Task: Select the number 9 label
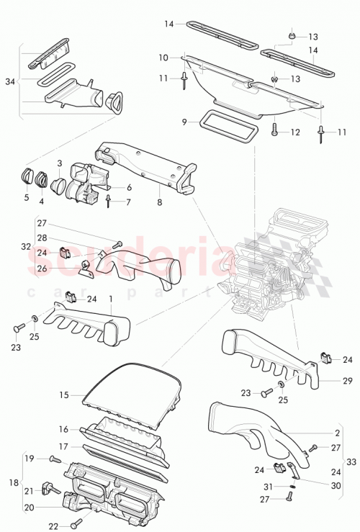(184, 122)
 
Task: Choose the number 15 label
(63, 395)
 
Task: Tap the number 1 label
(110, 297)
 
